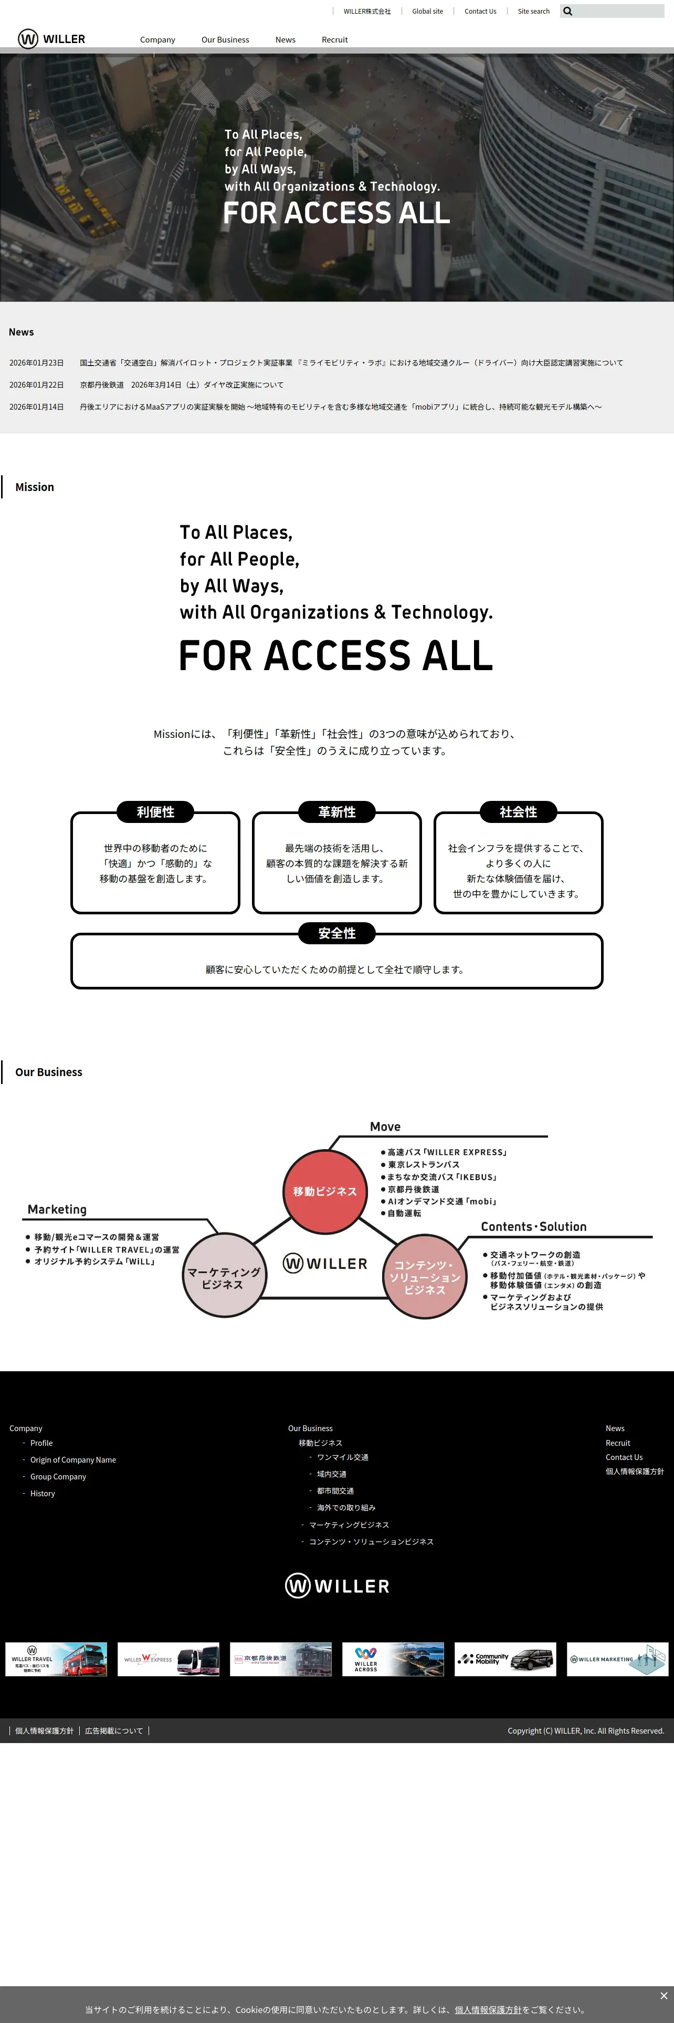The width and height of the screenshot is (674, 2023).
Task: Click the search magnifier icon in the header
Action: pyautogui.click(x=568, y=12)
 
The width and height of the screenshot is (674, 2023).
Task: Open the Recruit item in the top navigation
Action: pyautogui.click(x=334, y=40)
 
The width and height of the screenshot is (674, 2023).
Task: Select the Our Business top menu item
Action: pyautogui.click(x=225, y=40)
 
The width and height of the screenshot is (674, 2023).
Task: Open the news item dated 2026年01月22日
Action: pyautogui.click(x=181, y=385)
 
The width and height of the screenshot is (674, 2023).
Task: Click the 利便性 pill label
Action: pyautogui.click(x=155, y=812)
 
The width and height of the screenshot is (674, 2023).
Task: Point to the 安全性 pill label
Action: pyautogui.click(x=336, y=933)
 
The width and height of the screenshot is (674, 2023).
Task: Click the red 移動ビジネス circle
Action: pyautogui.click(x=325, y=1191)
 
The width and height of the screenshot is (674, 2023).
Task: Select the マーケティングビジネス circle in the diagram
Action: pyautogui.click(x=224, y=1278)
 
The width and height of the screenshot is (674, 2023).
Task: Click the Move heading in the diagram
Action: pyautogui.click(x=385, y=1126)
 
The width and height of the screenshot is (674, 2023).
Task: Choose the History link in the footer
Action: pyautogui.click(x=43, y=1494)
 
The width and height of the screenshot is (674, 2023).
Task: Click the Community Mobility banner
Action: pyautogui.click(x=505, y=1660)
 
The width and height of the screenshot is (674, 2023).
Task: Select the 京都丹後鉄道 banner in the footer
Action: pyautogui.click(x=281, y=1660)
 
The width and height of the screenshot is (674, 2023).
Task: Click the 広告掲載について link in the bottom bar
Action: pyautogui.click(x=114, y=1731)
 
